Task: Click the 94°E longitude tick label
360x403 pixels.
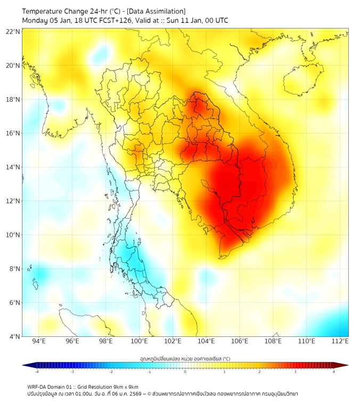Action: [39, 341]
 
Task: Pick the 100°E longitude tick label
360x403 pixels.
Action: [139, 341]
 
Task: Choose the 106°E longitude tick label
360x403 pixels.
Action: [240, 341]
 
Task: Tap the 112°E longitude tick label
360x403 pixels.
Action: [340, 341]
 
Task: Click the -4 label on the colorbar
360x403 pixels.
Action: [37, 372]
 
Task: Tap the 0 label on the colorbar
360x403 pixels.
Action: [185, 372]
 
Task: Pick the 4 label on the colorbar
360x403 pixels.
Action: [334, 372]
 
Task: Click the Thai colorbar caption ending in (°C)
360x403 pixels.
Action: [185, 358]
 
